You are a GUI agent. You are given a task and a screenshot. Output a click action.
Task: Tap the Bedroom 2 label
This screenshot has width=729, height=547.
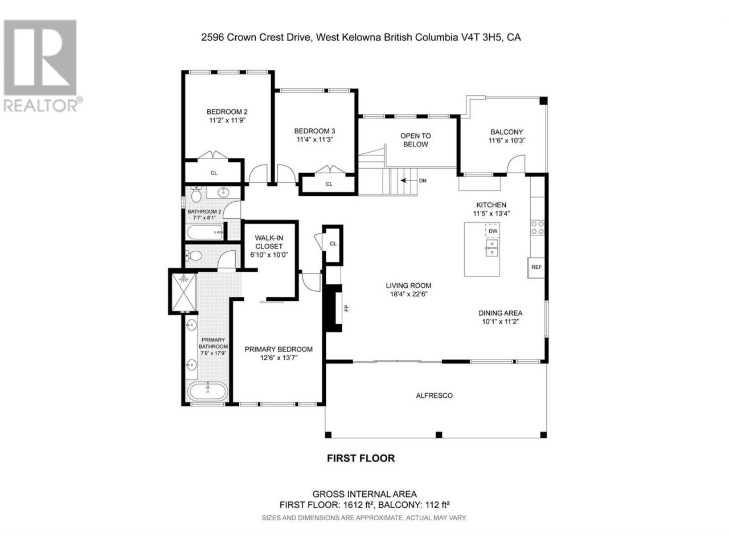point(227,112)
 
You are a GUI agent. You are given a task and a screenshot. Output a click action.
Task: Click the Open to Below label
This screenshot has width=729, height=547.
point(415,140)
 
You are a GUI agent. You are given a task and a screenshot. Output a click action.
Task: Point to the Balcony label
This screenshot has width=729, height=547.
point(506,132)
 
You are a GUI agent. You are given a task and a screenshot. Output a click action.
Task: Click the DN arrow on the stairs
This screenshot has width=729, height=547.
point(408,181)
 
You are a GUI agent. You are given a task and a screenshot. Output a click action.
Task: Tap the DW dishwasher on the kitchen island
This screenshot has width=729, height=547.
point(493,231)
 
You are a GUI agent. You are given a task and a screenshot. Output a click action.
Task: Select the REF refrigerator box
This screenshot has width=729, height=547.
point(536,267)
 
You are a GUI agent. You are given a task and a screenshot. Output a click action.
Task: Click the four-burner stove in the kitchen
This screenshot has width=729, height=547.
point(538,227)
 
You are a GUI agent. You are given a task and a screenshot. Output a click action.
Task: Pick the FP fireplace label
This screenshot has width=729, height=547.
point(346,308)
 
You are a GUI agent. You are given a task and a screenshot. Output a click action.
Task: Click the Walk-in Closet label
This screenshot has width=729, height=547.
point(269,242)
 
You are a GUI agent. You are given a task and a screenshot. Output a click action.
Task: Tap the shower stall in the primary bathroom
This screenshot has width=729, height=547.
point(182,292)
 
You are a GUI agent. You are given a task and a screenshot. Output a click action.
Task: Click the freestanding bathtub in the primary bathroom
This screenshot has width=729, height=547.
point(208,392)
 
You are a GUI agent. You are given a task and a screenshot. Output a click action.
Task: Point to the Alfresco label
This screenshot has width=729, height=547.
point(434,395)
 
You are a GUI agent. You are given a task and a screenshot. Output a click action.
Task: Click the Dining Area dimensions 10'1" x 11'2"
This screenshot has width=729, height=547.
point(500,321)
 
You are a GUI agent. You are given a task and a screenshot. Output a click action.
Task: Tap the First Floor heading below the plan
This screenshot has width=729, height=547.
point(361,458)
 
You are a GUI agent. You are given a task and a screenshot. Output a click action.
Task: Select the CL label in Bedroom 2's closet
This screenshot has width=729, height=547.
point(214,173)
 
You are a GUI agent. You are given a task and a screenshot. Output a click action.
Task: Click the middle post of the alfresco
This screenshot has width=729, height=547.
point(439,435)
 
